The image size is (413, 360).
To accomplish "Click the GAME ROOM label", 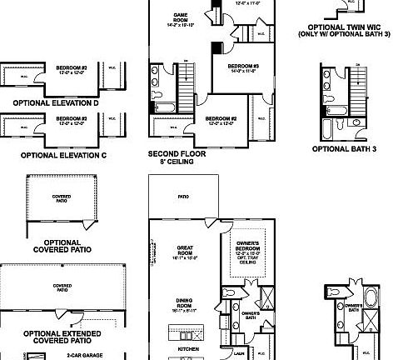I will click(x=179, y=16).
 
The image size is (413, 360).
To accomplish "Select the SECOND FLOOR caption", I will click(x=177, y=153).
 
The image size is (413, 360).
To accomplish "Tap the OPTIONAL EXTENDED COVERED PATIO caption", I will click(x=63, y=337).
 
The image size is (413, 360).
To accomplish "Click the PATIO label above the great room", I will click(x=183, y=197).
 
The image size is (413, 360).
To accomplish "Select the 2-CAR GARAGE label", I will click(x=84, y=355).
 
